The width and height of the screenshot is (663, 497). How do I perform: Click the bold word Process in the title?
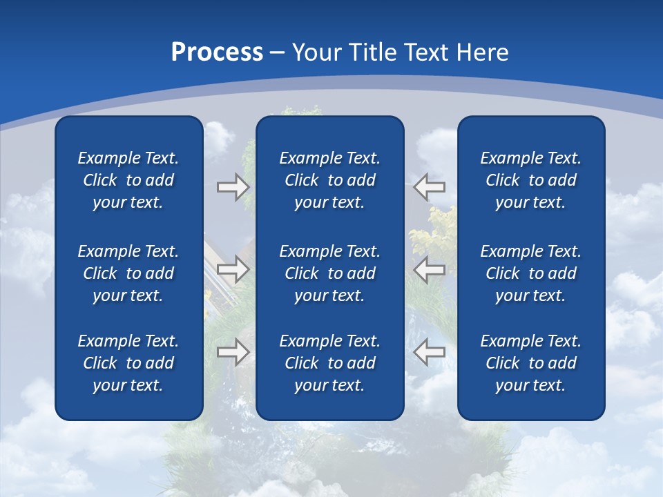tap(217, 52)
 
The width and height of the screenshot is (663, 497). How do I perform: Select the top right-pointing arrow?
tap(233, 187)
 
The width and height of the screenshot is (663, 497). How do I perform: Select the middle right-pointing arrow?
tap(233, 269)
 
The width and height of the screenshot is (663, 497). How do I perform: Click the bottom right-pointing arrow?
tap(233, 352)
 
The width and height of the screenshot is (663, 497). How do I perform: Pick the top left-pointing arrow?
tap(430, 187)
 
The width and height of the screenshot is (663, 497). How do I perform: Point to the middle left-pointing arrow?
tap(430, 269)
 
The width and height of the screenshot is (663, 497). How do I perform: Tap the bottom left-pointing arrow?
tap(430, 352)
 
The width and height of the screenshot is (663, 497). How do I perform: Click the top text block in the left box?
tap(128, 180)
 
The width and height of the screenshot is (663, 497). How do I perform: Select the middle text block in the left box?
tap(128, 273)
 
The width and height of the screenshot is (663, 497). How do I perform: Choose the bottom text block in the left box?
tap(128, 363)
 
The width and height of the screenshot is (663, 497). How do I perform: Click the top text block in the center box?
tap(329, 180)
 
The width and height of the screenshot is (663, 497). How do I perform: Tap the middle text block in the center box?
tap(329, 273)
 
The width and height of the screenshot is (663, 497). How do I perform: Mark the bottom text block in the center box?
tap(329, 363)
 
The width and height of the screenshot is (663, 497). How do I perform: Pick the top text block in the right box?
tap(530, 180)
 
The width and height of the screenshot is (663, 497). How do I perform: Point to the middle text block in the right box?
tap(530, 273)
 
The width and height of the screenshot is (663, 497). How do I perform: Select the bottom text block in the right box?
tap(530, 363)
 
